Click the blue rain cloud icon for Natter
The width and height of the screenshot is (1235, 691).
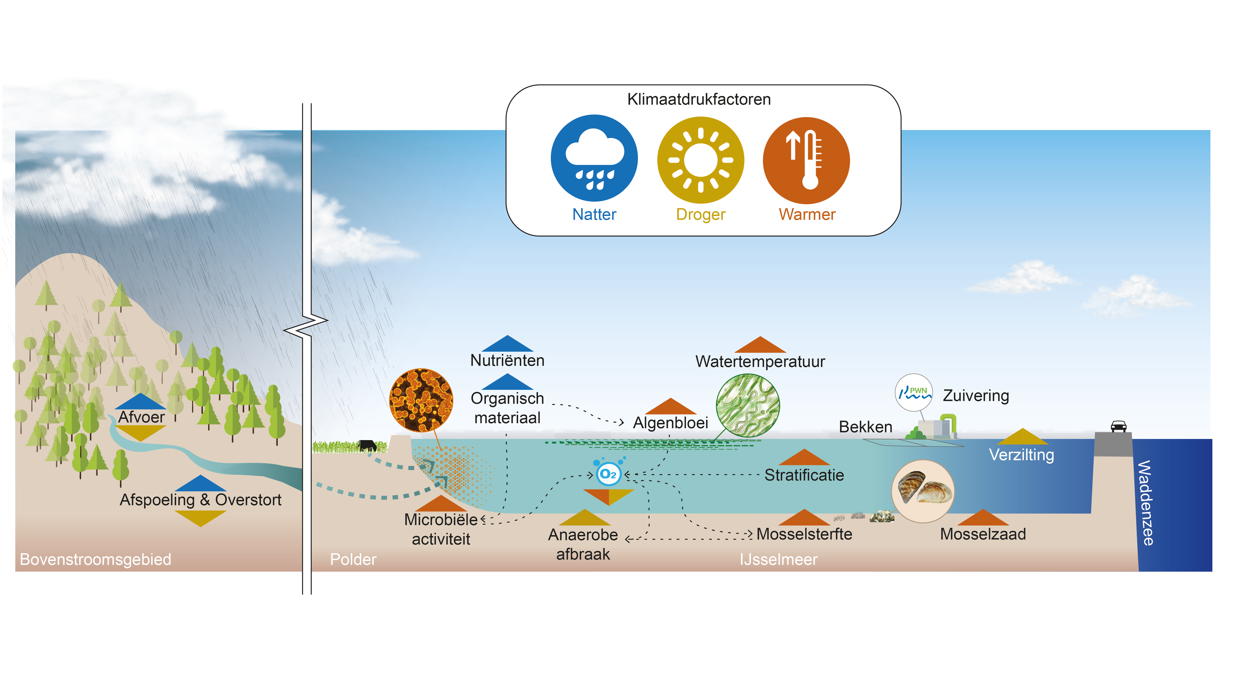tap(594, 158)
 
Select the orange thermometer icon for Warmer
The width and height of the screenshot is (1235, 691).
tap(806, 160)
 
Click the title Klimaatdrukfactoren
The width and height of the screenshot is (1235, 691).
tap(699, 99)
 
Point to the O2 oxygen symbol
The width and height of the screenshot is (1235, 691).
tap(608, 474)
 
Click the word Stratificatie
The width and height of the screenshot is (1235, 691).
tap(804, 475)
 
